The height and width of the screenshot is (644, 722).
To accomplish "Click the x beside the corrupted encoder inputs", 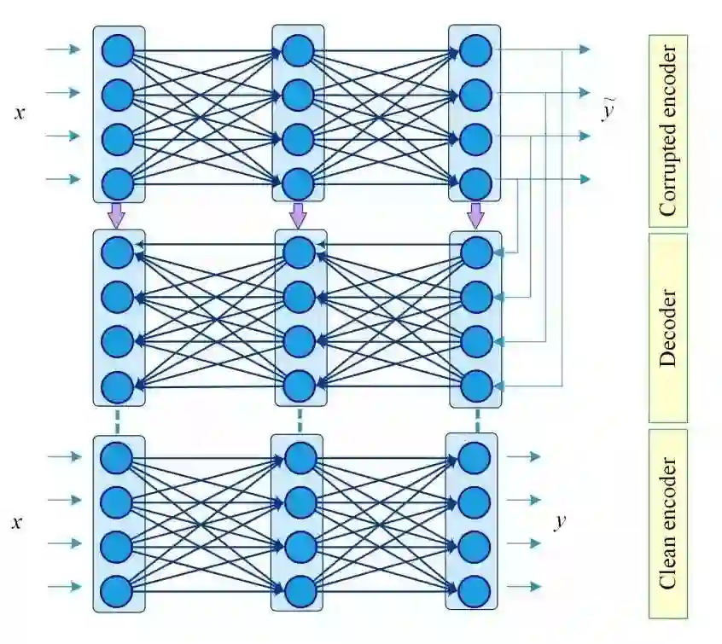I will (x=20, y=112).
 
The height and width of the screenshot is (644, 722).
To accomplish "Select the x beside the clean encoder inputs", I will (x=16, y=522).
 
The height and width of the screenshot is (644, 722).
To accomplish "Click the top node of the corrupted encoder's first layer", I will (x=118, y=49).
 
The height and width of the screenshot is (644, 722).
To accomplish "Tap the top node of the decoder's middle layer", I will (x=299, y=252).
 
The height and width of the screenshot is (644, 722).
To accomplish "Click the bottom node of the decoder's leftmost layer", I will (x=118, y=387).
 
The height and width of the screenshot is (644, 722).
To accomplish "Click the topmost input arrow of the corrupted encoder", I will (x=63, y=49).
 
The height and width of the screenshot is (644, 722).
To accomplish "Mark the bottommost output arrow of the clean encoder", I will (x=524, y=586).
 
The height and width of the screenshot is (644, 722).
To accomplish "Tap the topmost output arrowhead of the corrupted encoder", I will (x=585, y=49).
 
